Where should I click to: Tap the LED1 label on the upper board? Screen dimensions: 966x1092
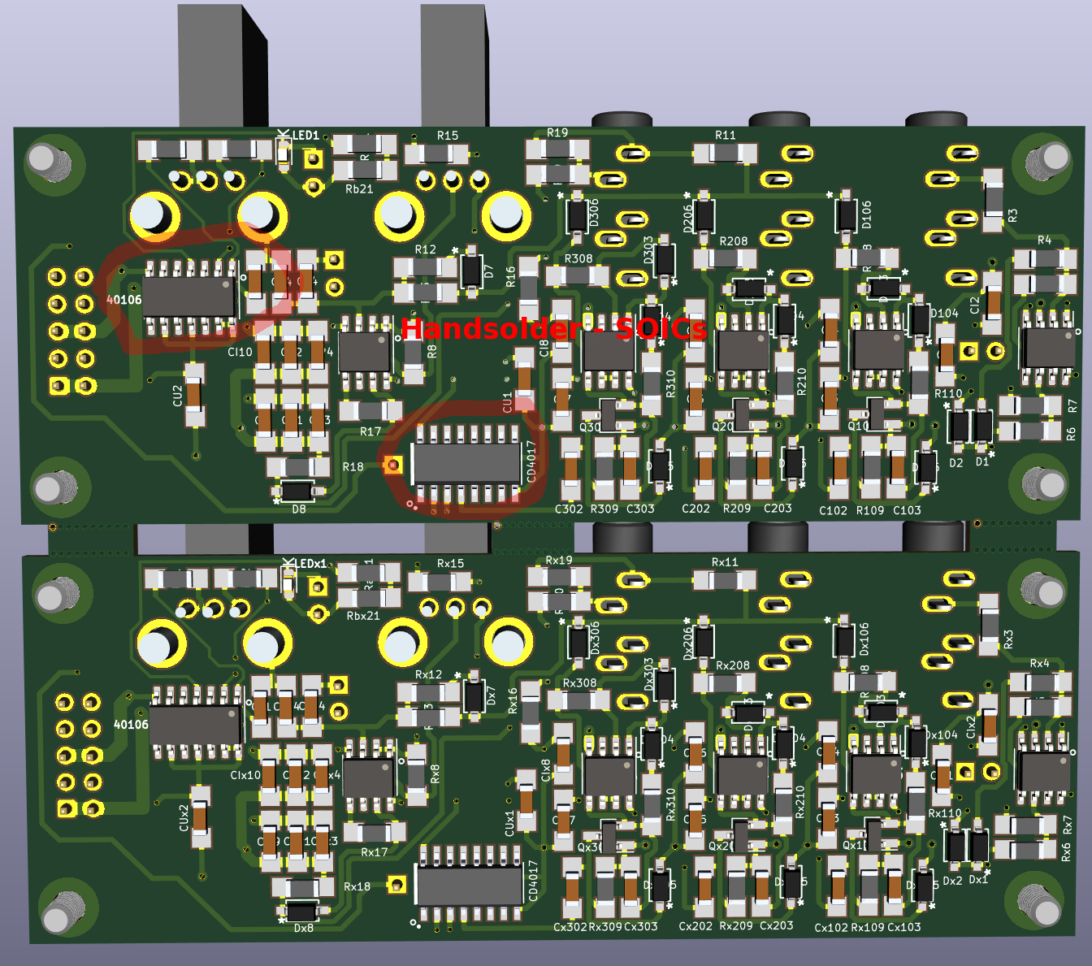coord(305,136)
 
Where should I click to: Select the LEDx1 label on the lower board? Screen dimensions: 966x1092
coord(310,563)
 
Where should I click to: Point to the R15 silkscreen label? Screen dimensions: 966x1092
coord(448,136)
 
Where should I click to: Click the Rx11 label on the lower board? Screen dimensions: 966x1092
coord(725,562)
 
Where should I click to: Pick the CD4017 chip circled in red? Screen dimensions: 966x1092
coord(466,462)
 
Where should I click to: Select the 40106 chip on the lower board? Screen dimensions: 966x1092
coord(195,723)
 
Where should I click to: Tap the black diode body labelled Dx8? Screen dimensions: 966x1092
coord(301,911)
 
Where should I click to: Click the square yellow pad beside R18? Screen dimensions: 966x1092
coord(393,465)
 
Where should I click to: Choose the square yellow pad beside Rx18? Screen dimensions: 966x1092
coord(396,885)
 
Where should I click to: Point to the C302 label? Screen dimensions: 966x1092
coord(569,509)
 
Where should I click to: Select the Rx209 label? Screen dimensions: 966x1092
coord(736,926)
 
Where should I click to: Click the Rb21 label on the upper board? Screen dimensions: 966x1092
coord(359,189)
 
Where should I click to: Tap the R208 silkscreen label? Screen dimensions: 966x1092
coord(734,241)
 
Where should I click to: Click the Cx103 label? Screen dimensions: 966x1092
coord(904,927)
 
